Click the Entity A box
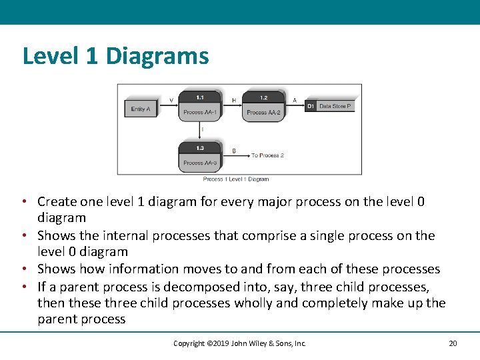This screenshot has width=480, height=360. [x=141, y=108]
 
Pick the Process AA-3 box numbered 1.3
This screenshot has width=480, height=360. [x=200, y=158]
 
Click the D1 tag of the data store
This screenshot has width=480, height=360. [x=311, y=106]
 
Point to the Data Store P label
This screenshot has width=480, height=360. [x=335, y=106]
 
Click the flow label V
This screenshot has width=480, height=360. [x=171, y=100]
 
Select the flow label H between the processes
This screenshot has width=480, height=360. [x=234, y=100]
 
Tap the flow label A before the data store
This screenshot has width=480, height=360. [x=295, y=100]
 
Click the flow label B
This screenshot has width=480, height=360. [x=234, y=151]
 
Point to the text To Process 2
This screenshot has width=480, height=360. [x=267, y=155]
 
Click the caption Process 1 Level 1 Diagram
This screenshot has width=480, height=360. [x=236, y=179]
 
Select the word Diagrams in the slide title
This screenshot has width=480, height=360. [x=157, y=56]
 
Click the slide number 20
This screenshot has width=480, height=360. [x=453, y=343]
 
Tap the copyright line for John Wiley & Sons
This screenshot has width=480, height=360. [x=239, y=343]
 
